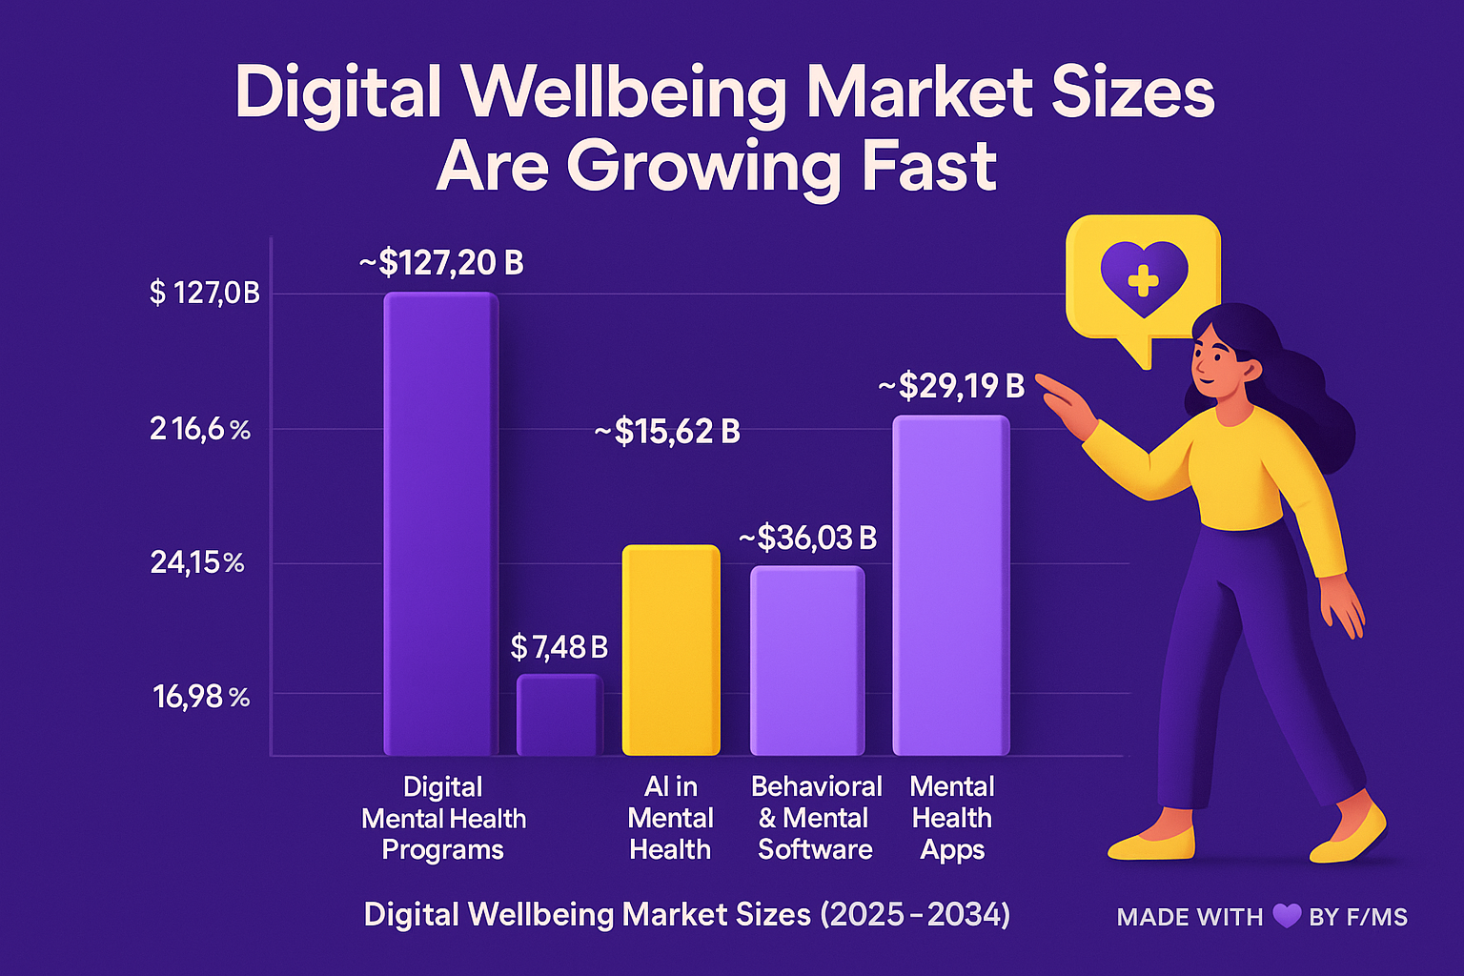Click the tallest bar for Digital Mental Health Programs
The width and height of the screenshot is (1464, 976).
point(440,524)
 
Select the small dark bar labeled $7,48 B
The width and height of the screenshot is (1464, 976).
point(559,715)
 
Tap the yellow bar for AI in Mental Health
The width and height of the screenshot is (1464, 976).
point(671,650)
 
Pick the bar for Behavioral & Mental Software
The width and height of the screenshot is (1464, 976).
point(807,661)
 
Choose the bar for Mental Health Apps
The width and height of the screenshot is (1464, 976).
point(950,585)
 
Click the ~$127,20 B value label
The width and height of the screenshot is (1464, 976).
point(441,262)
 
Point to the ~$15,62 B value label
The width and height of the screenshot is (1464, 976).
point(667,432)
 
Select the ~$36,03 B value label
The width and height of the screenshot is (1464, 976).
point(808,539)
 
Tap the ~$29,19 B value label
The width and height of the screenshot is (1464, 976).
point(950,386)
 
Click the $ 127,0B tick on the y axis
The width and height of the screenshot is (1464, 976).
point(204,293)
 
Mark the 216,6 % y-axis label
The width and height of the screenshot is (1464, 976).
point(200,430)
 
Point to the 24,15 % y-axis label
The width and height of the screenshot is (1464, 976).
point(197,563)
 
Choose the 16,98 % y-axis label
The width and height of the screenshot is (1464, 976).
point(201,698)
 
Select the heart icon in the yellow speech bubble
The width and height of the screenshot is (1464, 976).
point(1143,277)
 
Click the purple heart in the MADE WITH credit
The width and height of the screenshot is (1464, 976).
point(1287,917)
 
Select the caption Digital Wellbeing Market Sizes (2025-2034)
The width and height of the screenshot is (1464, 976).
point(686,915)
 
